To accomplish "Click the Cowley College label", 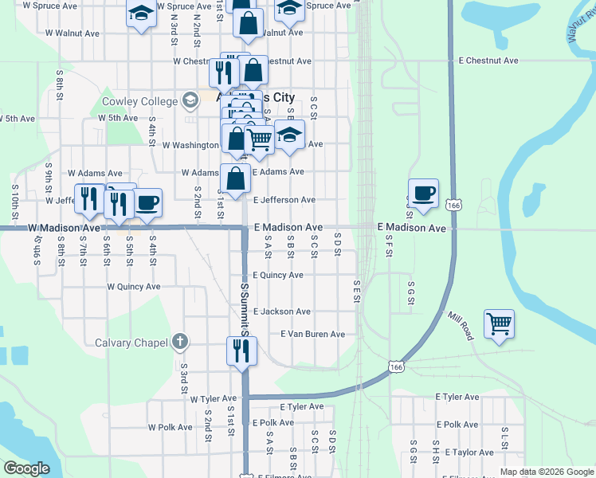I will pyautogui.click(x=139, y=102).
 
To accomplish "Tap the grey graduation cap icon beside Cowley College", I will pyautogui.click(x=190, y=101).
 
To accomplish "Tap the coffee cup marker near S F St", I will pyautogui.click(x=423, y=193).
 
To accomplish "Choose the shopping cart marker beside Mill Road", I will pyautogui.click(x=499, y=324).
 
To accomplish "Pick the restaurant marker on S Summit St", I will pyautogui.click(x=241, y=351).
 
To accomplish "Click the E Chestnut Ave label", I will pyautogui.click(x=488, y=61).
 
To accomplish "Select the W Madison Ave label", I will pyautogui.click(x=63, y=228).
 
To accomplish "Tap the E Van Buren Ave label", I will pyautogui.click(x=312, y=335).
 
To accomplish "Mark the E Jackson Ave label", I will pyautogui.click(x=281, y=311).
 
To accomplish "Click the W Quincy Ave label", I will pyautogui.click(x=133, y=287).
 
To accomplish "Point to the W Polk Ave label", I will pyautogui.click(x=170, y=427).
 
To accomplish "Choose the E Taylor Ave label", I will pyautogui.click(x=469, y=453).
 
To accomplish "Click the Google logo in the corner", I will pyautogui.click(x=26, y=468).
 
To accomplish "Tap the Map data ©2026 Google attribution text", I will pyautogui.click(x=547, y=472).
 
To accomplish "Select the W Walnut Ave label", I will pyautogui.click(x=72, y=33).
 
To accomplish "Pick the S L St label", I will pyautogui.click(x=504, y=437).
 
